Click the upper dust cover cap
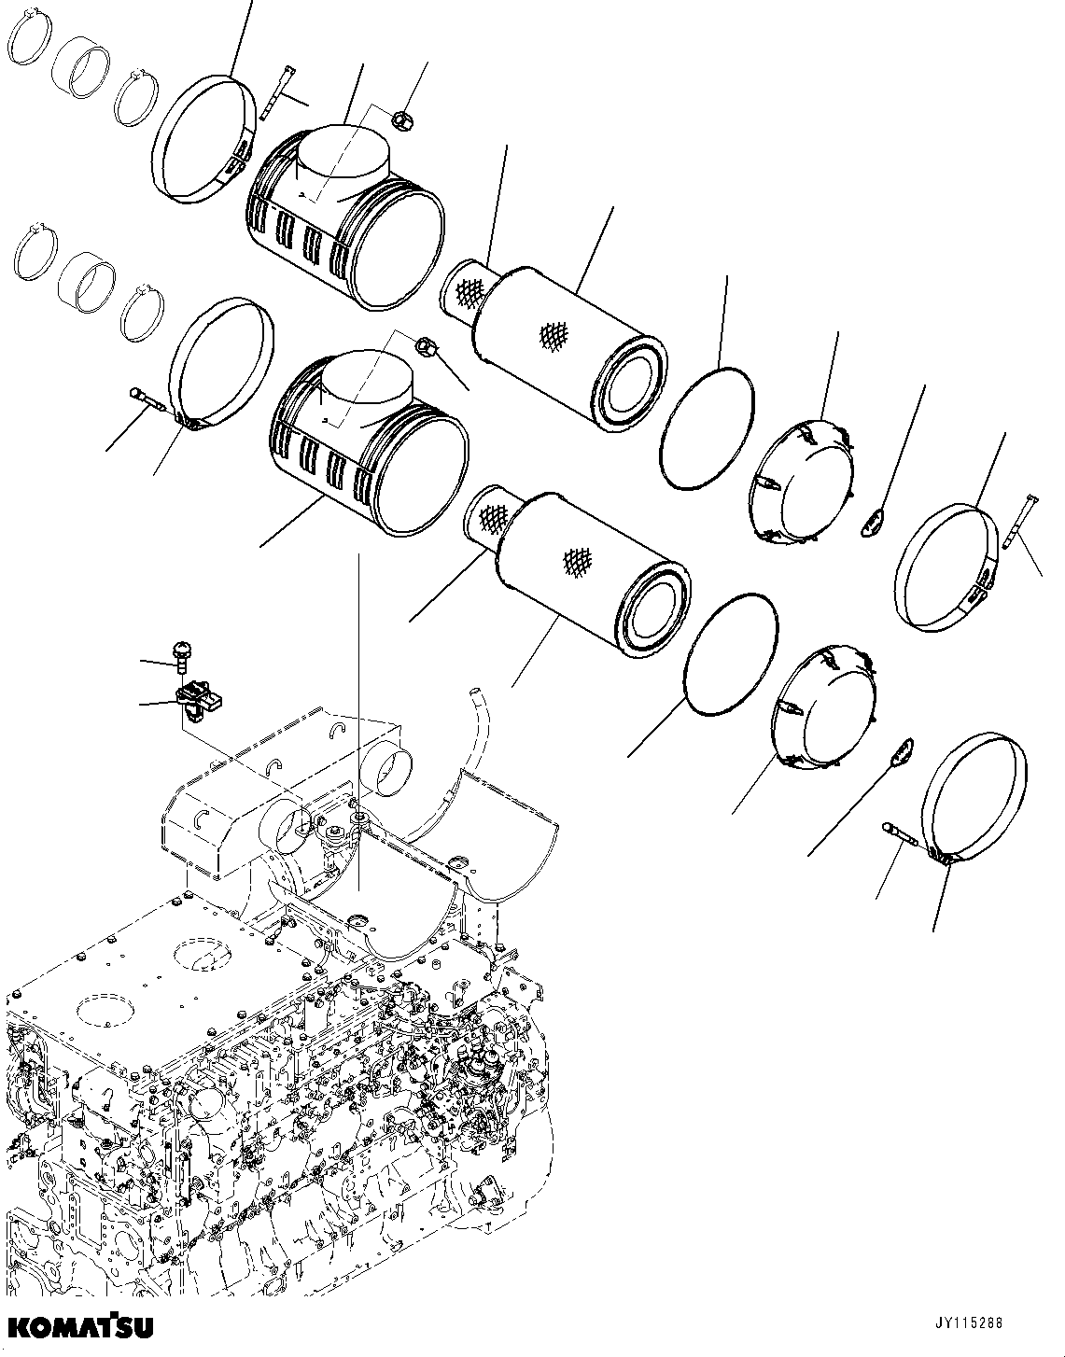[x=803, y=481]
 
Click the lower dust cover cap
[x=826, y=709]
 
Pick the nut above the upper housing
[x=402, y=119]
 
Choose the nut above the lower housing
[x=426, y=345]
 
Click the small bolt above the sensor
[x=180, y=655]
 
